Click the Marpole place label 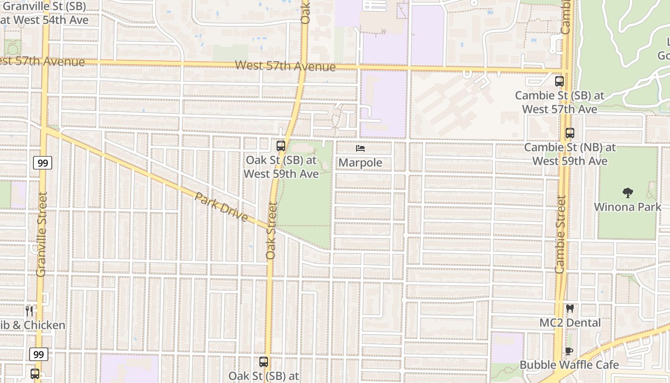tap(360, 163)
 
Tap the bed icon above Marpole tap(360, 149)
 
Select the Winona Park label tap(627, 207)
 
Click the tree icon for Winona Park tap(627, 193)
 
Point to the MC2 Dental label tap(570, 323)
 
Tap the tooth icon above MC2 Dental tap(569, 309)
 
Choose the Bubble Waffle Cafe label tap(569, 365)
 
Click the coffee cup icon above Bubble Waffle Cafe tap(569, 351)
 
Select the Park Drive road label tap(221, 207)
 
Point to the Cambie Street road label tap(560, 235)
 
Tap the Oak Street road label tap(272, 231)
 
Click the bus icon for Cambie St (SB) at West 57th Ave tap(559, 81)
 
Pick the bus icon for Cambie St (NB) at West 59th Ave tap(569, 134)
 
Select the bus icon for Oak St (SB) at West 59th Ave tap(281, 146)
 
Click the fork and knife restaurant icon tap(30, 311)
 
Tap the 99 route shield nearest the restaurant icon tap(39, 355)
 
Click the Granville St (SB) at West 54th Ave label tap(46, 14)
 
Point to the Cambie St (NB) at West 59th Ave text tap(570, 154)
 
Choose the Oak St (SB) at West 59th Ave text tap(281, 167)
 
